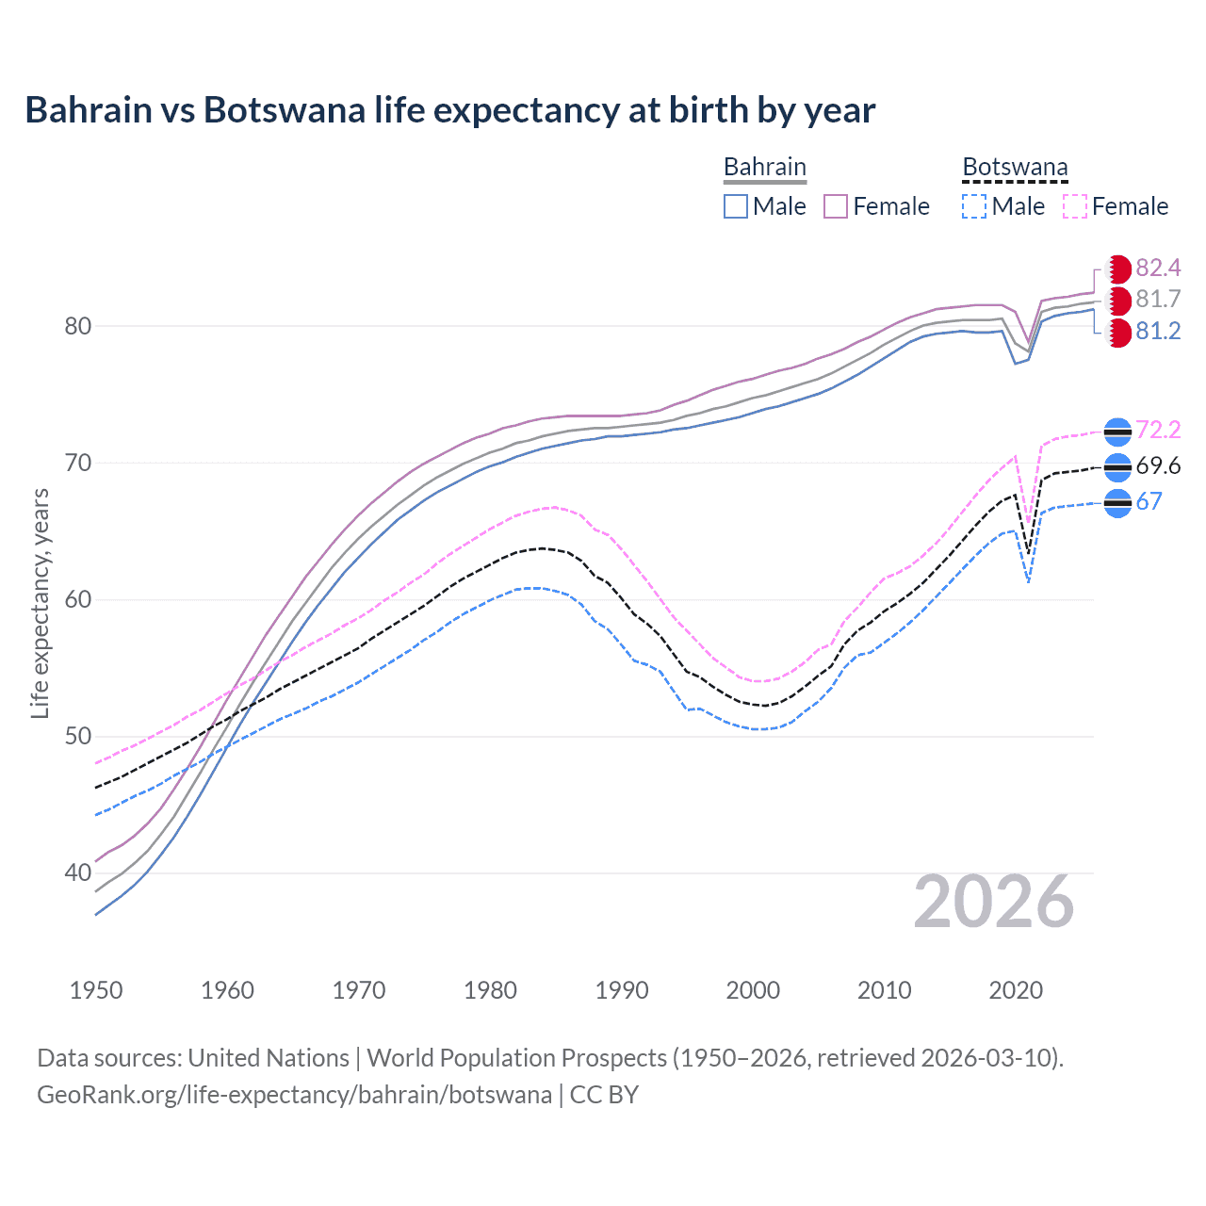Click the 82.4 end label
pos(1158,269)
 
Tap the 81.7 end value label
pos(1158,300)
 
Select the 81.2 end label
pos(1158,332)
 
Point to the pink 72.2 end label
pos(1158,431)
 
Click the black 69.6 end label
pos(1158,466)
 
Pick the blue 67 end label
pos(1149,502)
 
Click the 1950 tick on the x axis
pos(96,990)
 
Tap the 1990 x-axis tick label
pos(622,990)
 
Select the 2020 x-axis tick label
pos(1016,990)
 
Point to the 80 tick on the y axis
pos(78,327)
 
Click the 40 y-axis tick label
pos(78,873)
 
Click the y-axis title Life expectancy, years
pos(41,603)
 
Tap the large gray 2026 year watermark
pos(993,903)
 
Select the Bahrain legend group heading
pos(764,167)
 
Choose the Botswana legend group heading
pos(1015,167)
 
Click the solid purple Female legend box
pos(836,206)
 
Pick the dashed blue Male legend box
pos(974,206)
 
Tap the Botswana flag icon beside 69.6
pos(1117,467)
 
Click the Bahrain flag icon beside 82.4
pos(1118,269)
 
